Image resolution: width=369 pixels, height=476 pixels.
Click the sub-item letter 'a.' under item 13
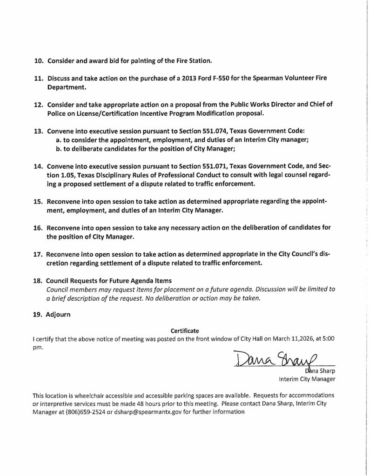click(59, 140)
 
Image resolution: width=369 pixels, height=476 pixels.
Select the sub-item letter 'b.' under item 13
click(59, 149)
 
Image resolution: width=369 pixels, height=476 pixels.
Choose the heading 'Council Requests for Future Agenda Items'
click(108, 280)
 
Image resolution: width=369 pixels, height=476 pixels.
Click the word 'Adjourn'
click(58, 314)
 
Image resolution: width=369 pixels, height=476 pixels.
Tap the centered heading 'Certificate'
click(185, 331)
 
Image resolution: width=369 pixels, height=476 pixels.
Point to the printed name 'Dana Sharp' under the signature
click(321, 371)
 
